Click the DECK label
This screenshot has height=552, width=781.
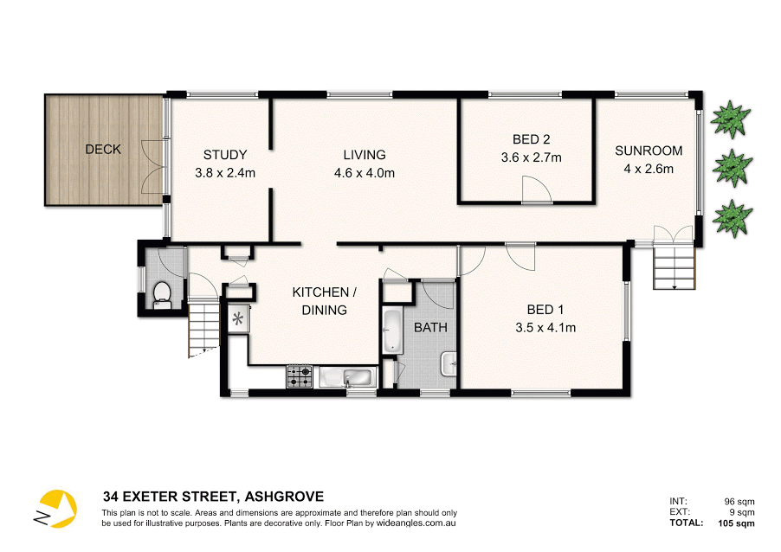point(103,150)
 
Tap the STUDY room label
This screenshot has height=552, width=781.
point(225,155)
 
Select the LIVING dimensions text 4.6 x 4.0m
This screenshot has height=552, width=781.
point(364,172)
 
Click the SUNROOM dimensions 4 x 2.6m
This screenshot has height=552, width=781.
point(649,169)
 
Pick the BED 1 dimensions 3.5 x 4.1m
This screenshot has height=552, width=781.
point(545,327)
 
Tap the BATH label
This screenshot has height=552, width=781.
point(430,327)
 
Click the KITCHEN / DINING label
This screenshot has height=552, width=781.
point(319,301)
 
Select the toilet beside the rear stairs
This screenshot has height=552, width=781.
point(161,295)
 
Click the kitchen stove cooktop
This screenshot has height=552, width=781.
point(300,376)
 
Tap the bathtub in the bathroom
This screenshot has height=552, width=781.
point(391,331)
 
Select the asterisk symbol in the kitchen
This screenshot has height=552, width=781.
point(238,318)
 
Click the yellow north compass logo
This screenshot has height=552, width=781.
point(55,509)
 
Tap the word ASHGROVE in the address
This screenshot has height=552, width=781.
point(285,497)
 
